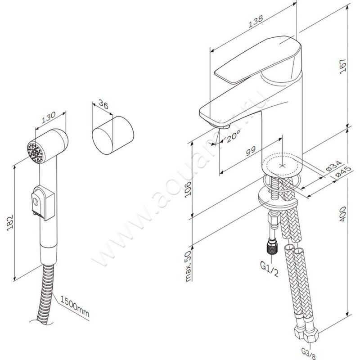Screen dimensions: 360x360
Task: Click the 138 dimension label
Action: [x=256, y=21]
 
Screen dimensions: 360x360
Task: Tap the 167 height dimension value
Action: [x=342, y=66]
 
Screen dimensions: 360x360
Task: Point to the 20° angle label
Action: [x=233, y=137]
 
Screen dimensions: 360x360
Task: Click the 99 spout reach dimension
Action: [x=251, y=151]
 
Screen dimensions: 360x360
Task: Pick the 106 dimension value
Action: [x=188, y=189]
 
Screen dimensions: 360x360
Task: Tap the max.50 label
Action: [x=188, y=266]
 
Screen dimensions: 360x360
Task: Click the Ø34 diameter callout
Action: [x=333, y=166]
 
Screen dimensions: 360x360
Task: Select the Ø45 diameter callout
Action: [x=343, y=171]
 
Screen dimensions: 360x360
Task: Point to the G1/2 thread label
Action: [x=269, y=269]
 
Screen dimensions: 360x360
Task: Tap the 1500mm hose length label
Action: [x=75, y=306]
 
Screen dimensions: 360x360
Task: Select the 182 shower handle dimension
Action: [x=9, y=223]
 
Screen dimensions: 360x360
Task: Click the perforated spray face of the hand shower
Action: [x=35, y=152]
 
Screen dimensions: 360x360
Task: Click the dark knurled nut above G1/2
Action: [x=272, y=247]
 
